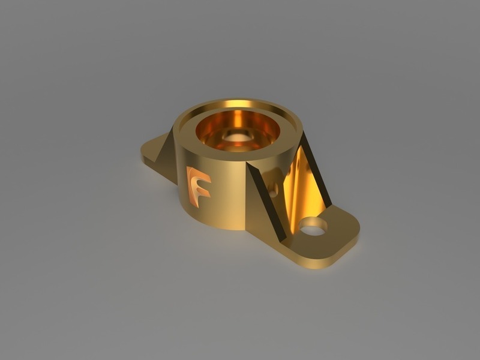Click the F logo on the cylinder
(198, 187)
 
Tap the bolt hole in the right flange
(313, 227)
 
